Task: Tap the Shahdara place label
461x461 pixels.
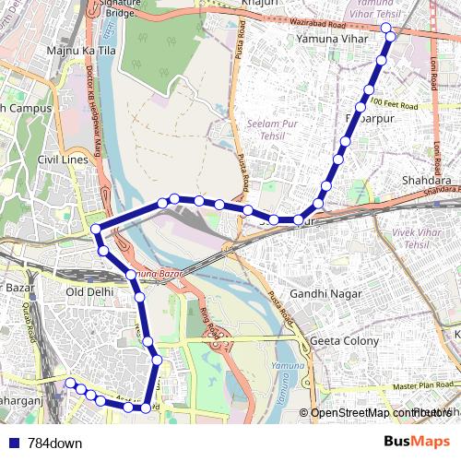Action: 426,181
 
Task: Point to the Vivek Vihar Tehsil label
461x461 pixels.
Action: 412,238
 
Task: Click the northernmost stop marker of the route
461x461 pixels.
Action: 386,30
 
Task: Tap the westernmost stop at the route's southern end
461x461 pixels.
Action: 70,383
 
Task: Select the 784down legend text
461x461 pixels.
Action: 54,443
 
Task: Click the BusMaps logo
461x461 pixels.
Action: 417,442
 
